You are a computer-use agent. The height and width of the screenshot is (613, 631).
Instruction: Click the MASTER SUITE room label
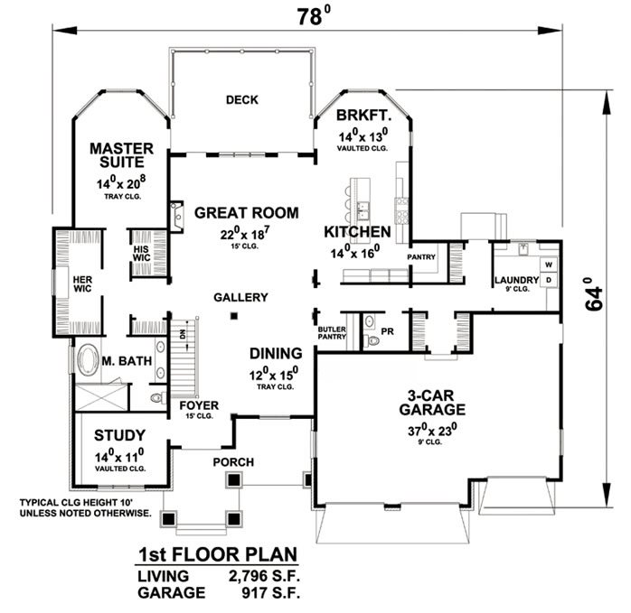(x=120, y=156)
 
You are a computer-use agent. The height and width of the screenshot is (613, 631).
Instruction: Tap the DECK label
(x=241, y=100)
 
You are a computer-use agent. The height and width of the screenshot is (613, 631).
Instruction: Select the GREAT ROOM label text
(x=246, y=214)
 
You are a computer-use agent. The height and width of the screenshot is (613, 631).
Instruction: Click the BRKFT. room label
(x=359, y=116)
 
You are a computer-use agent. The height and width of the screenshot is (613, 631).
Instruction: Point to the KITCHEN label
(x=357, y=232)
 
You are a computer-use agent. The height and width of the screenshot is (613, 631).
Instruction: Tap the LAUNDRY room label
(x=515, y=281)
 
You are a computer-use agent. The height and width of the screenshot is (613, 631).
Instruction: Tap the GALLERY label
(x=240, y=297)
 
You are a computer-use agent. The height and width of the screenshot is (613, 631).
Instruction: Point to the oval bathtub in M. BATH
(x=88, y=361)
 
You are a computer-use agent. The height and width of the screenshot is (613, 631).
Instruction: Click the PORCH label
(x=232, y=462)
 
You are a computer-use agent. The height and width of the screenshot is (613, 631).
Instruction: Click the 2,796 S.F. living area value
(x=258, y=576)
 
